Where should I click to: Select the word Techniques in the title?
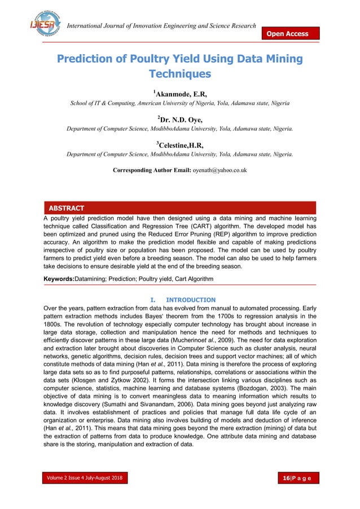click(x=179, y=74)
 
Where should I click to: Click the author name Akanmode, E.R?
click(x=182, y=93)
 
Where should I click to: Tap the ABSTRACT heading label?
click(x=67, y=208)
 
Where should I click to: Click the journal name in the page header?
click(x=161, y=27)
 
